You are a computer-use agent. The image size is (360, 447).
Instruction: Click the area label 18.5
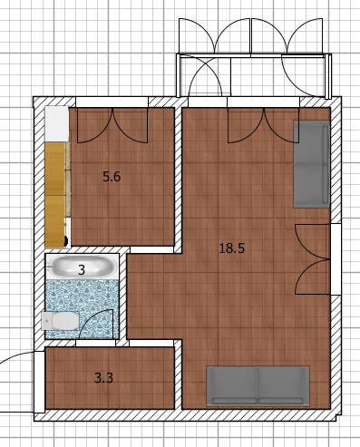click(232, 248)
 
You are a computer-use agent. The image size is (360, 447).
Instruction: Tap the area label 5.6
click(112, 177)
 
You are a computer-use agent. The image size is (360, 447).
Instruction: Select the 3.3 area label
click(103, 378)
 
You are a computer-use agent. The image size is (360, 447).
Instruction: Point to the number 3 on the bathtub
click(82, 270)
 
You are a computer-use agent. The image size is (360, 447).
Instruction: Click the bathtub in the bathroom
click(82, 267)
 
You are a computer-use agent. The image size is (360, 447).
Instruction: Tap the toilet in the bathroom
click(60, 321)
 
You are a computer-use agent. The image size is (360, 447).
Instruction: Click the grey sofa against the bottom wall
click(258, 385)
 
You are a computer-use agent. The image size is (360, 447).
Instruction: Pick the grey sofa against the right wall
click(311, 164)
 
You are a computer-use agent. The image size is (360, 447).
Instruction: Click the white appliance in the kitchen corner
click(57, 123)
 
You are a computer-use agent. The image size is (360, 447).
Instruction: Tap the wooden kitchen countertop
click(55, 195)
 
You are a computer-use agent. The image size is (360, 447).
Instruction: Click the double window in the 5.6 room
click(112, 102)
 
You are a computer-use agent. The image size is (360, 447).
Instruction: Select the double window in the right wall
click(336, 259)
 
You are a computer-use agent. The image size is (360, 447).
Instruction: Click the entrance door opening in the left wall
click(39, 382)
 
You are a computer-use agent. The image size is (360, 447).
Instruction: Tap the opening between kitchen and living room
click(151, 249)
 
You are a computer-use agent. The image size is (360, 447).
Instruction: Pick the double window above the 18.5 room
click(263, 102)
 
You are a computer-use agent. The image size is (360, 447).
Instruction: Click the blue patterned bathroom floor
click(82, 308)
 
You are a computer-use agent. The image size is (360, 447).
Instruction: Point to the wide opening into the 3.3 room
click(151, 343)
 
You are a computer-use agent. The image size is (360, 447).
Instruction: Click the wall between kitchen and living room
click(178, 180)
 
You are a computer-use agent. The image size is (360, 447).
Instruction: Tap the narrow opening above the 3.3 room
click(95, 343)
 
